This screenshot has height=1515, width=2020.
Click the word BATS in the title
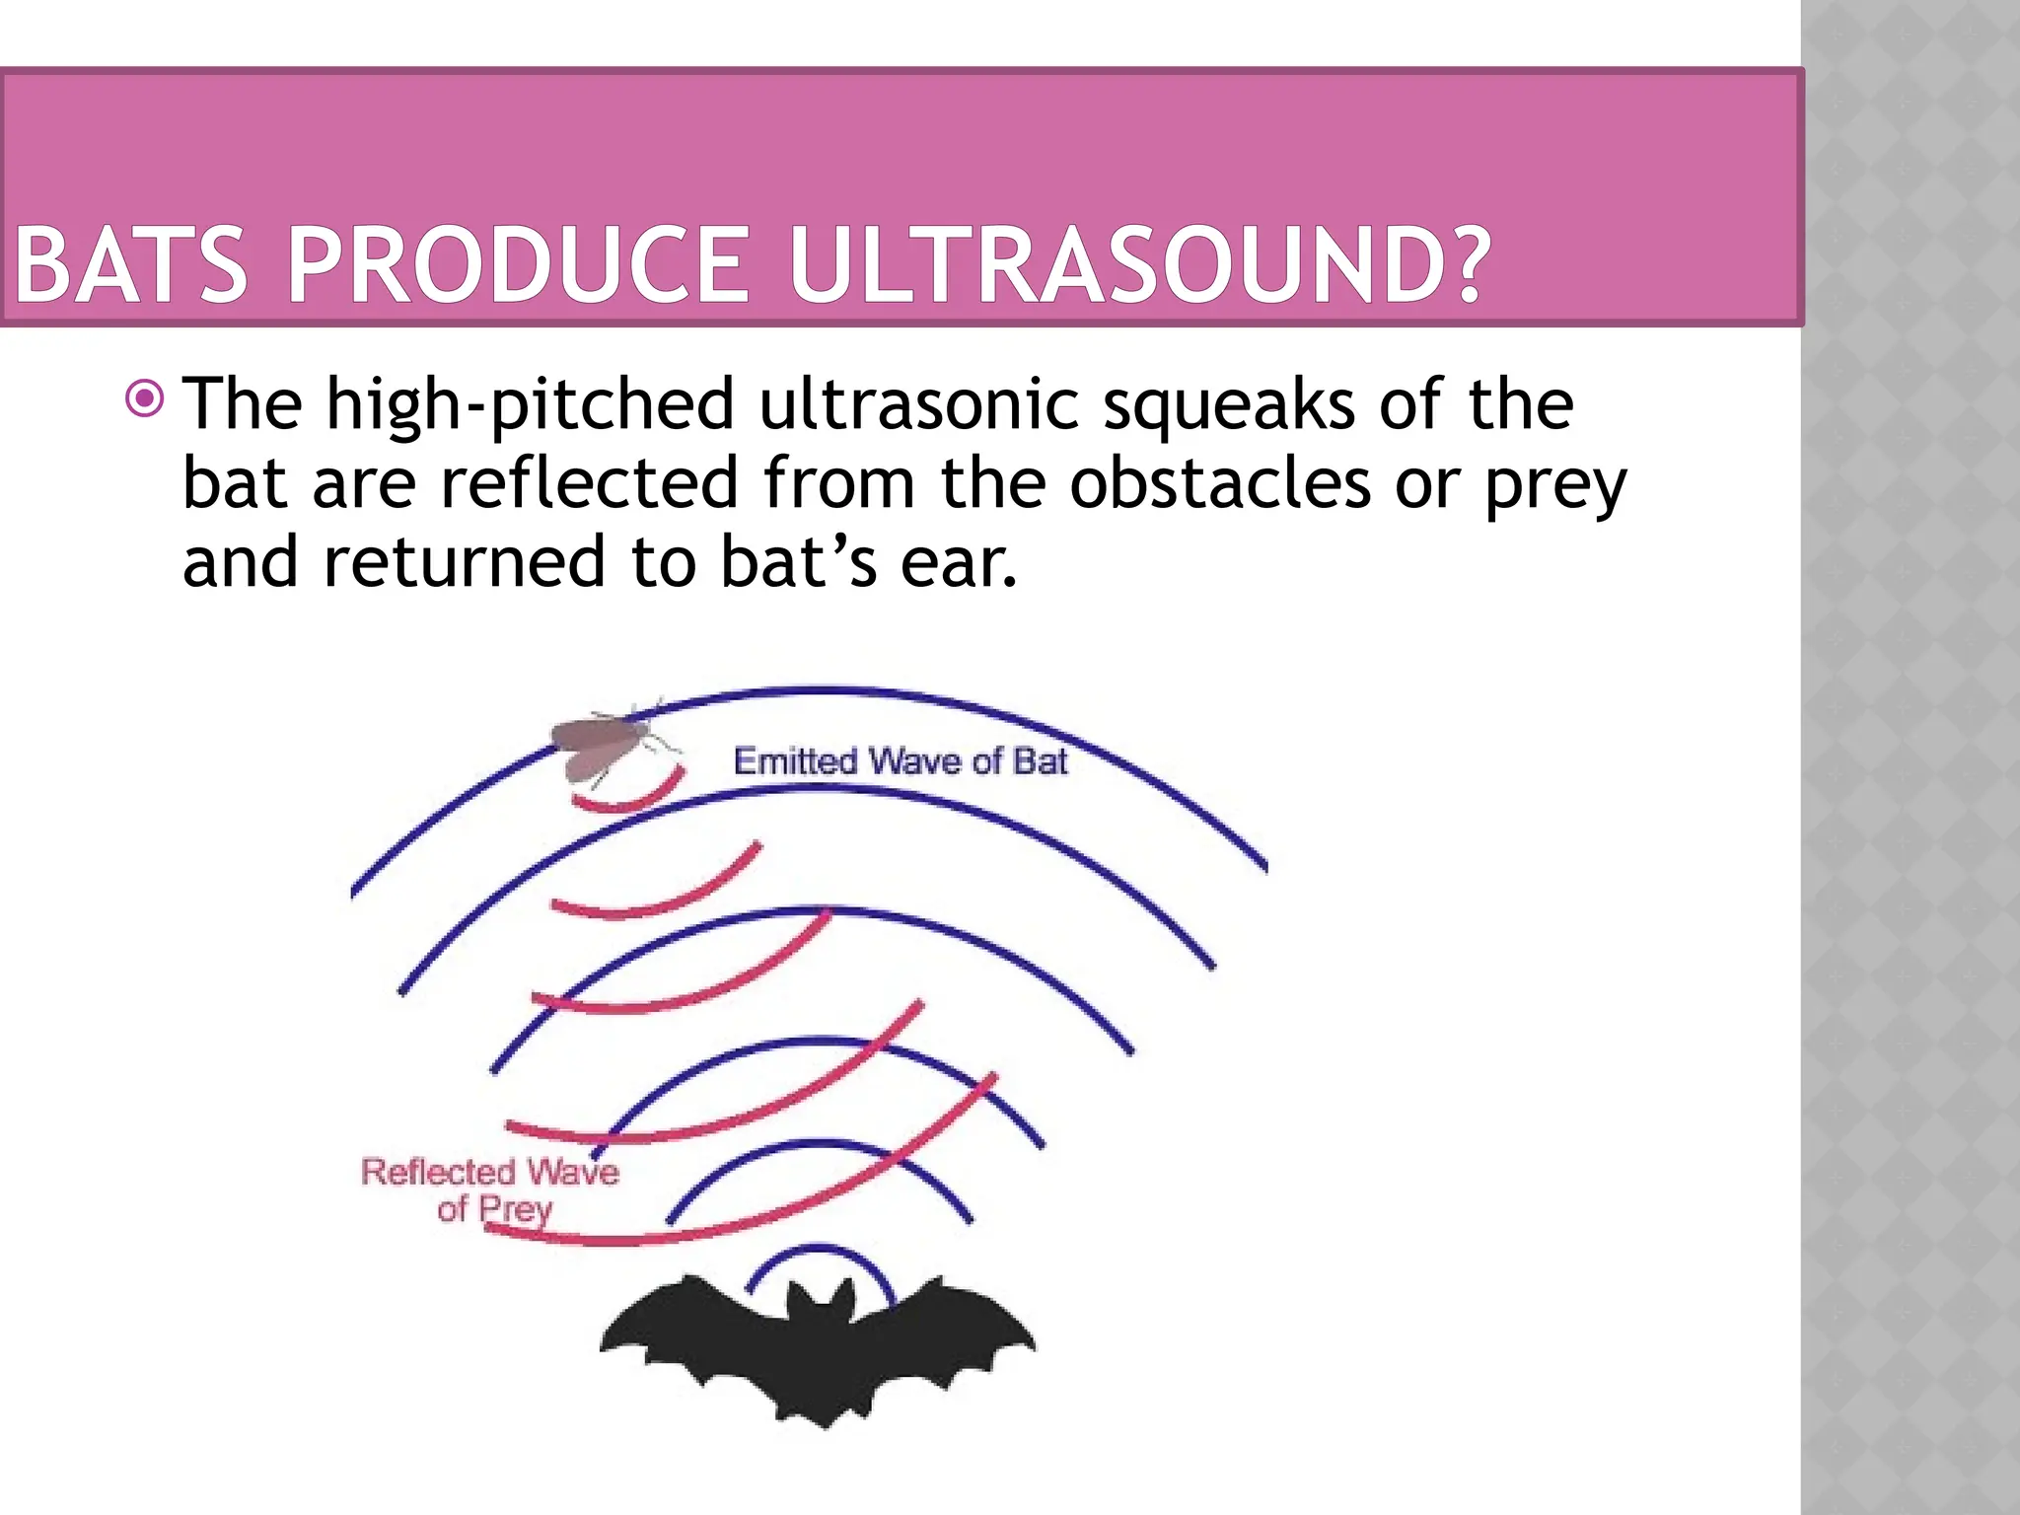click(130, 265)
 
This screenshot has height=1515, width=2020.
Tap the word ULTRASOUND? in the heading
click(1139, 265)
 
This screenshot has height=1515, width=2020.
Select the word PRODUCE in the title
click(518, 265)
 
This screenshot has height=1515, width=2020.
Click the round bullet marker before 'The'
click(145, 399)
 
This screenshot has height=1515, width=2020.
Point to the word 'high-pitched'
click(530, 406)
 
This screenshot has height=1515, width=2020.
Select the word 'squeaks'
click(1228, 406)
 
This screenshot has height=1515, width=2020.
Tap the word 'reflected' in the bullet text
click(589, 482)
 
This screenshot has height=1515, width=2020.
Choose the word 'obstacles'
click(1220, 482)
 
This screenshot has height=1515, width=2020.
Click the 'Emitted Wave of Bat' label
click(900, 761)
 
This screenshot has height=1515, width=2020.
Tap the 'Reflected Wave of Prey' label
click(490, 1190)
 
